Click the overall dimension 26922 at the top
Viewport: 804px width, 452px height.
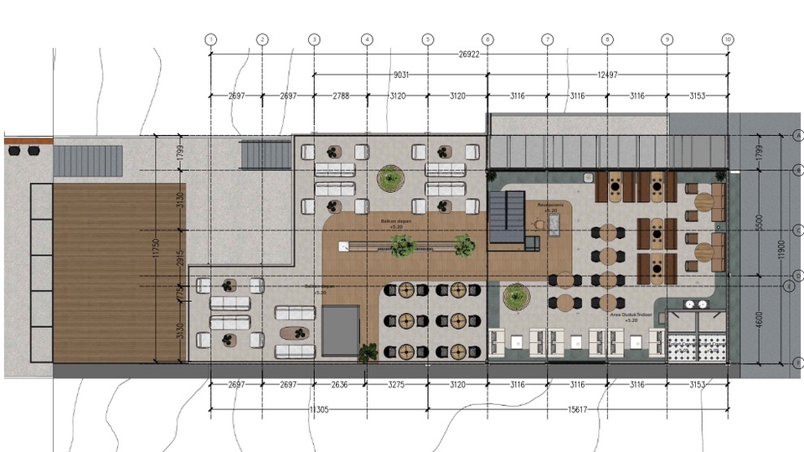point(470,55)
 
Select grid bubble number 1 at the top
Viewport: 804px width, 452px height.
point(210,39)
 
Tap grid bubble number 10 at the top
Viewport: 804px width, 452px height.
point(728,39)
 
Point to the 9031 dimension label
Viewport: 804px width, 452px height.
point(400,75)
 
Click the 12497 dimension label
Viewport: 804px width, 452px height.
point(607,75)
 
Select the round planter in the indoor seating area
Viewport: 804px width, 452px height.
point(514,295)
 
